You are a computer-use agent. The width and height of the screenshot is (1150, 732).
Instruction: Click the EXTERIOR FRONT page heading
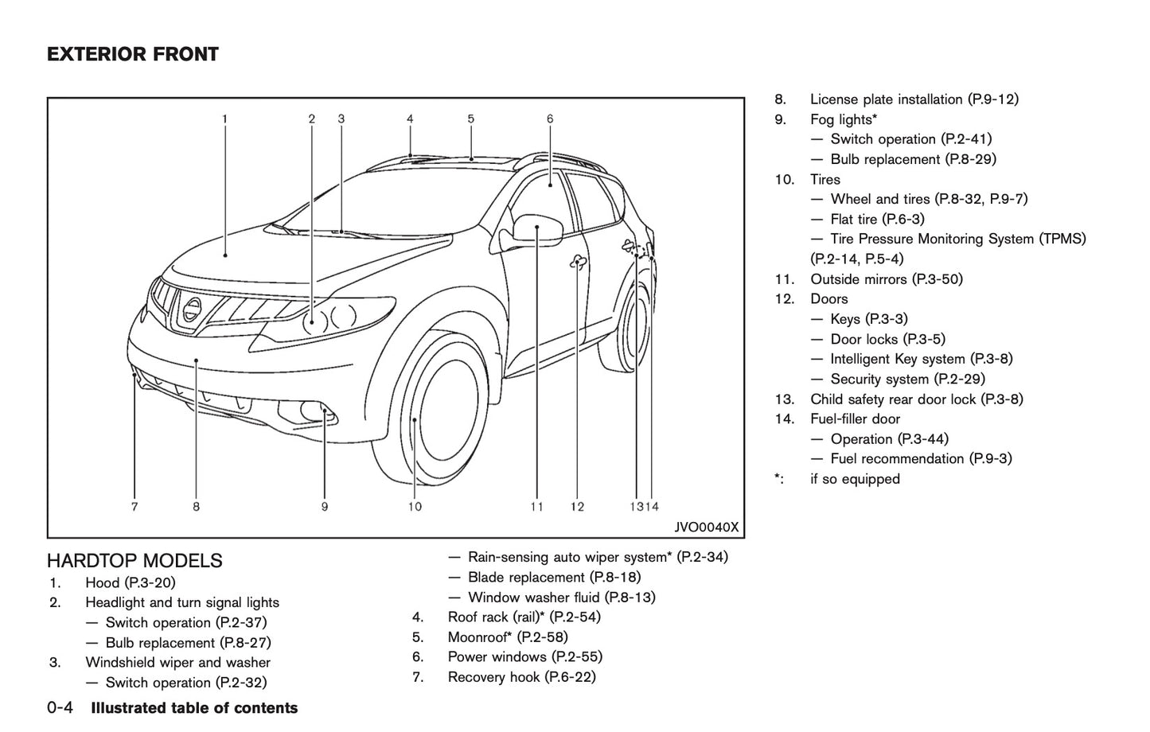pyautogui.click(x=132, y=54)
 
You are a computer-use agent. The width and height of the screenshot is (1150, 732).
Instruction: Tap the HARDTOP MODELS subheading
pyautogui.click(x=134, y=561)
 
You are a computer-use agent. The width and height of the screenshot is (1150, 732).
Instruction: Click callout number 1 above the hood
pyautogui.click(x=224, y=119)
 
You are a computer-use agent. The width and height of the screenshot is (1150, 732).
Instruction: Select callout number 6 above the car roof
pyautogui.click(x=550, y=119)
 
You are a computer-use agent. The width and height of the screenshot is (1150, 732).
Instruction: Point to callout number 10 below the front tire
pyautogui.click(x=415, y=506)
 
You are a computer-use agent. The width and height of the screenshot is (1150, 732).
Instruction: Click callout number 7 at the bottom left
pyautogui.click(x=134, y=506)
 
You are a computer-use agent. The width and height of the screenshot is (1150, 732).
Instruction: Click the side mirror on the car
pyautogui.click(x=538, y=228)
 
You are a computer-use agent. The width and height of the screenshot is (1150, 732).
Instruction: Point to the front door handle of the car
pyautogui.click(x=578, y=263)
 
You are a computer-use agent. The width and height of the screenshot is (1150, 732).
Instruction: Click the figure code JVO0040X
pyautogui.click(x=706, y=527)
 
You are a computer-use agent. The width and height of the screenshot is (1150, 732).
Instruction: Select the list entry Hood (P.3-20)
pyautogui.click(x=130, y=583)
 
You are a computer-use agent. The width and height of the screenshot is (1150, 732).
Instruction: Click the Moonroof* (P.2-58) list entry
pyautogui.click(x=507, y=637)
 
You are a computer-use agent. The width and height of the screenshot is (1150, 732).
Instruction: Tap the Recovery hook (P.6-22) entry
pyautogui.click(x=521, y=677)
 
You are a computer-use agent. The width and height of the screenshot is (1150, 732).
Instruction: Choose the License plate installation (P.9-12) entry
pyautogui.click(x=914, y=99)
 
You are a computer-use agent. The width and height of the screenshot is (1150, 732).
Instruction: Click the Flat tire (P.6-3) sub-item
pyautogui.click(x=877, y=219)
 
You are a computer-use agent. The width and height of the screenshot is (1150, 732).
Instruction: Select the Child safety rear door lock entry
pyautogui.click(x=916, y=399)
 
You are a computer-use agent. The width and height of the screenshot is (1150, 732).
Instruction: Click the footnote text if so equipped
pyautogui.click(x=855, y=479)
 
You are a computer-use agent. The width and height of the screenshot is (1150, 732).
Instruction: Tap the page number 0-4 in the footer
pyautogui.click(x=60, y=708)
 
